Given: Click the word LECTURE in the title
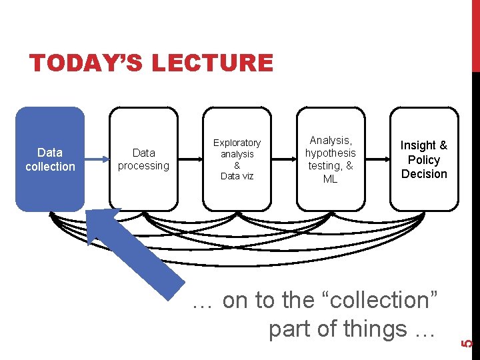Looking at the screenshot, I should (213, 63).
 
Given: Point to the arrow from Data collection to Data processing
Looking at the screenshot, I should (97, 159).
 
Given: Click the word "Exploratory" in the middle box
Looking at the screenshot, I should (237, 143).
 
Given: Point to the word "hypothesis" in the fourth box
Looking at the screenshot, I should (331, 153).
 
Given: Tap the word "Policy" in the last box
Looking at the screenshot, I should (424, 160).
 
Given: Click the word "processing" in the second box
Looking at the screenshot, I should (143, 165).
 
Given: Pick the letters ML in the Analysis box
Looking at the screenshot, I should (331, 179).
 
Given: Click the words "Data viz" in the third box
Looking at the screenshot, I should (237, 176).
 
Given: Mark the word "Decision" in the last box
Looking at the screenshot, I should (424, 174).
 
